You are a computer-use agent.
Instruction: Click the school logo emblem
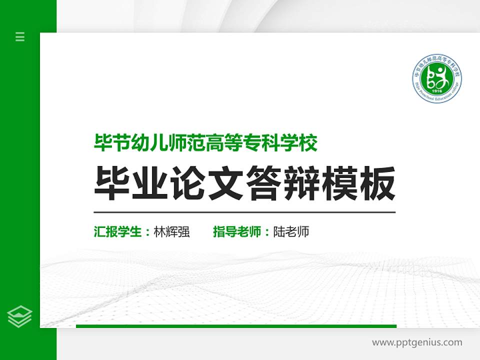[x=437, y=77]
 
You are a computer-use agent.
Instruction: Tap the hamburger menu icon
[x=20, y=36]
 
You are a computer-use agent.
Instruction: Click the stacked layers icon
[x=20, y=316]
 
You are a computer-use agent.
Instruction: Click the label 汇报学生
[x=118, y=232]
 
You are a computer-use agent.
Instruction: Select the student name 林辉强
[x=171, y=232]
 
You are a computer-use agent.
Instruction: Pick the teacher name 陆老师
[x=291, y=232]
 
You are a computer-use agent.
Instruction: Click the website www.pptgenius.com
[x=417, y=342]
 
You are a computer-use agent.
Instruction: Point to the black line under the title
[x=244, y=212]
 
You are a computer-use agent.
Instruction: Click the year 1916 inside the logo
[x=436, y=91]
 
